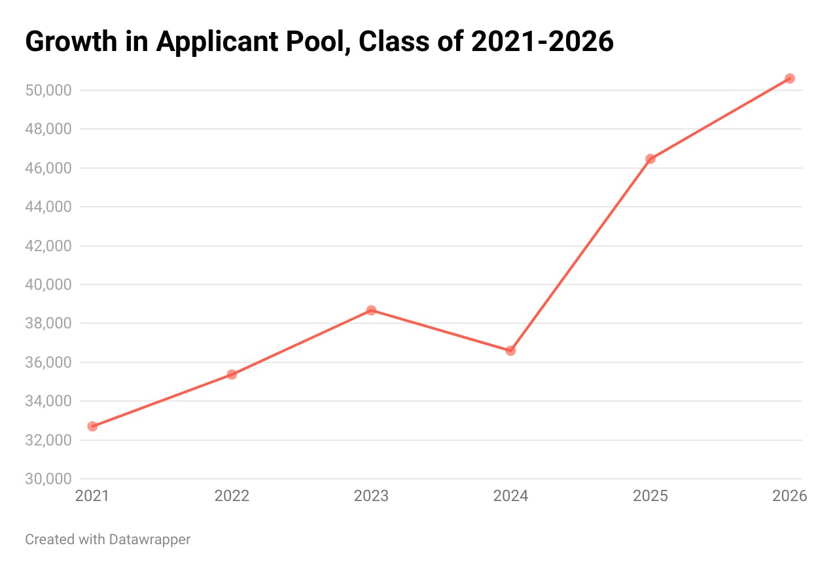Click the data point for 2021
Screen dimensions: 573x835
(x=92, y=426)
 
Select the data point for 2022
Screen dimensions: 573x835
(x=232, y=375)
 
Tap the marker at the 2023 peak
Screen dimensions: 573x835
(x=371, y=310)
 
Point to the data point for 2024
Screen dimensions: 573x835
(x=510, y=351)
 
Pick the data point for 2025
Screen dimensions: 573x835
(x=650, y=159)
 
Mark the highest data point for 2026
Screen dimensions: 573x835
(x=789, y=78)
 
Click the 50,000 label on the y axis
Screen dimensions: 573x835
(x=48, y=90)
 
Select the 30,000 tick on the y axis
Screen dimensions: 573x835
(x=48, y=479)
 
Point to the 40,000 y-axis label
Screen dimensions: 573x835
(x=48, y=285)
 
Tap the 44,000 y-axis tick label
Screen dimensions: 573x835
(x=48, y=207)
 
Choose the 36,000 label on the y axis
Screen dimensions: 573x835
(x=48, y=362)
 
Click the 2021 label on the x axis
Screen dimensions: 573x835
(x=92, y=496)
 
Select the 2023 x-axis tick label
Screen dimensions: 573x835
(x=371, y=496)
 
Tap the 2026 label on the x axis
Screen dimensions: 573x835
(x=789, y=496)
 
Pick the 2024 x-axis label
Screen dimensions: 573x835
(x=510, y=496)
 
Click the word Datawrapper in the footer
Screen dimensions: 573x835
(x=150, y=540)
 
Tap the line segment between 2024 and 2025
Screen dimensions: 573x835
(x=580, y=254)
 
